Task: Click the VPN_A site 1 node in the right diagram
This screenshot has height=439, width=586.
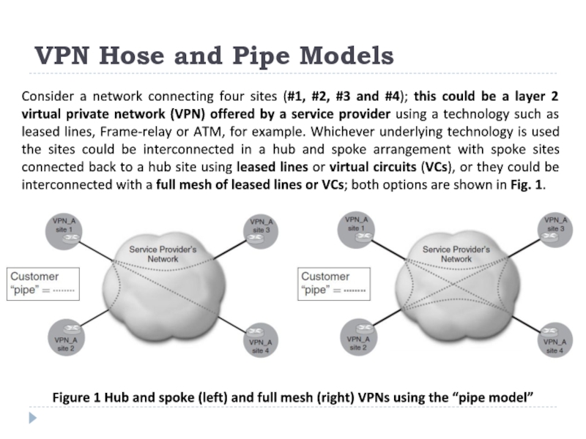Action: pos(357,228)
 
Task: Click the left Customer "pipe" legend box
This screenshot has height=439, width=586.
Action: pos(42,283)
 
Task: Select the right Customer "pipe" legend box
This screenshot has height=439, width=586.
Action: pos(334,283)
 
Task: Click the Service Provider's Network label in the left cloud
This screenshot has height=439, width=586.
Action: pos(163,254)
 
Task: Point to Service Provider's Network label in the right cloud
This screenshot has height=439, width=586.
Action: pos(456,254)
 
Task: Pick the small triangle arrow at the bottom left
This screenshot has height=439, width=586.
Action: pos(31,419)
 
